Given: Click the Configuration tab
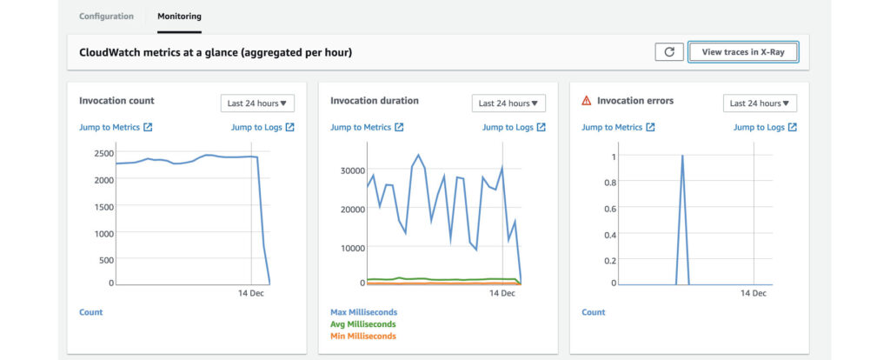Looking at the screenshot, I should pos(106,16).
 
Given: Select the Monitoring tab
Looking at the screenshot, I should pos(179,16).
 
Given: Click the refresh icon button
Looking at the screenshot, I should pos(668,52).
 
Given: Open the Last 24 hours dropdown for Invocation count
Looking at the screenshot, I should pos(257,103).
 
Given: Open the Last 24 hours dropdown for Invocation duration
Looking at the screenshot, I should pos(508,103).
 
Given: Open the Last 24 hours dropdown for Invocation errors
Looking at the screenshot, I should pos(760,103).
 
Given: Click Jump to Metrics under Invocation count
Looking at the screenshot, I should pos(116,127).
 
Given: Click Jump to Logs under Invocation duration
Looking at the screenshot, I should pos(514,127).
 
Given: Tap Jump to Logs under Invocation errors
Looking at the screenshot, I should pos(765,127).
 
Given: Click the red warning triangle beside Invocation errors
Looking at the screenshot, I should pos(586,101).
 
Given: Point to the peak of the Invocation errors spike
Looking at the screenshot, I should pos(682,157).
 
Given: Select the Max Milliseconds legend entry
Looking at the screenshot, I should pos(363,311).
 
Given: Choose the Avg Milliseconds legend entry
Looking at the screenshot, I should pos(362,323).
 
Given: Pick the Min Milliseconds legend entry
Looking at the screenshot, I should pos(362,336).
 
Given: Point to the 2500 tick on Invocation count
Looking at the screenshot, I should pos(103,153).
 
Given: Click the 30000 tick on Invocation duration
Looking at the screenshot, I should pos(350,170).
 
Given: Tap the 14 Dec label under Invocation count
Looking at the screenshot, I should pos(251,294).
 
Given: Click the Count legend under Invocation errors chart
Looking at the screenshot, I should pos(594,311).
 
